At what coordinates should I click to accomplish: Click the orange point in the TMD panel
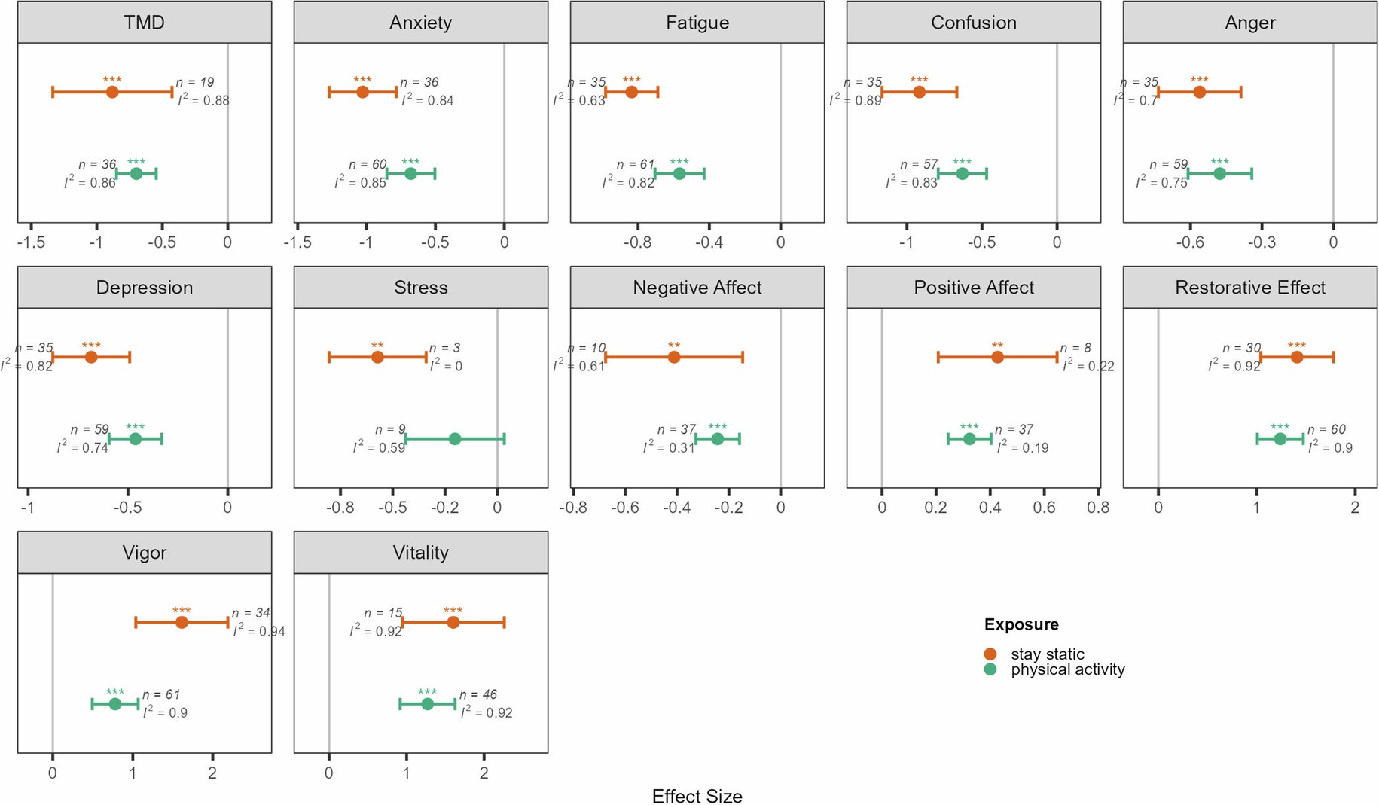112,92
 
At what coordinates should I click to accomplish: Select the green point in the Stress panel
455,439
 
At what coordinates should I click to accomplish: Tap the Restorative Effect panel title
1249,288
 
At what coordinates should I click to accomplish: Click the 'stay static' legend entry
1047,654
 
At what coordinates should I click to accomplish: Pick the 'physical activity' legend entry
1067,669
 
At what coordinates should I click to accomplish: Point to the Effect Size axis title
697,796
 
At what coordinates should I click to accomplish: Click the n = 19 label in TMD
195,82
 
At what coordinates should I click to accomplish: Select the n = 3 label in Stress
444,348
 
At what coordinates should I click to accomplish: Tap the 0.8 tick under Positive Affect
1098,508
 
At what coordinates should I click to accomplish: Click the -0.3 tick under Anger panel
1262,242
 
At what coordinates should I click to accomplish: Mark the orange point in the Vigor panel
182,622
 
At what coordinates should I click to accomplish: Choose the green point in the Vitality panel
427,704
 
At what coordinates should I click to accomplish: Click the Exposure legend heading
1021,624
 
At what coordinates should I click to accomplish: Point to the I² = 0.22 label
1088,366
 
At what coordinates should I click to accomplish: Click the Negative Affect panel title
697,288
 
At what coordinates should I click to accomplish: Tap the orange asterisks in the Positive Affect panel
997,346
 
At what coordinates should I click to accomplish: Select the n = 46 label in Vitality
478,694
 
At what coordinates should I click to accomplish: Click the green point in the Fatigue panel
679,174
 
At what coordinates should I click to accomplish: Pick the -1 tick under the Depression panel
28,508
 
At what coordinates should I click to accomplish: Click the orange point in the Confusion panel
919,92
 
